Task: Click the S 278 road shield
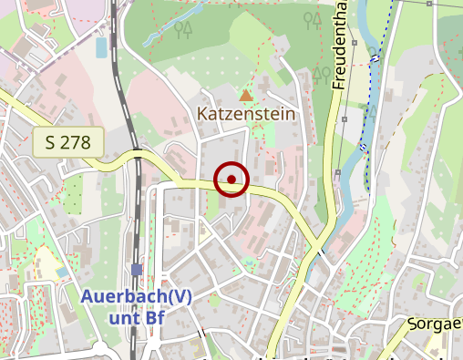[x=68, y=141]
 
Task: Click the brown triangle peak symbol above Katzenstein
[x=244, y=95]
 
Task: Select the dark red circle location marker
[x=231, y=180]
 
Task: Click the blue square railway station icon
[x=136, y=269]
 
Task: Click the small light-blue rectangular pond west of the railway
[x=100, y=46]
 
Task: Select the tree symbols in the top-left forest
[x=183, y=30]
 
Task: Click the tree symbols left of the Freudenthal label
[x=320, y=74]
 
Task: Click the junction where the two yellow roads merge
[x=317, y=246]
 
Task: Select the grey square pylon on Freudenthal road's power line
[x=345, y=118]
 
